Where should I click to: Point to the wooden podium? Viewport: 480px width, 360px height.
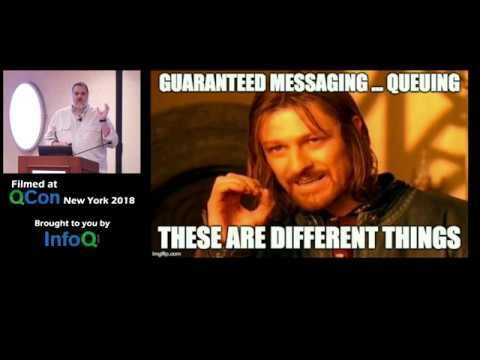[46, 162]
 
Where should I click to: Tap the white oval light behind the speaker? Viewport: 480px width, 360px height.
[26, 112]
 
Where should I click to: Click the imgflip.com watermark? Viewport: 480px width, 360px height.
[167, 254]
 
